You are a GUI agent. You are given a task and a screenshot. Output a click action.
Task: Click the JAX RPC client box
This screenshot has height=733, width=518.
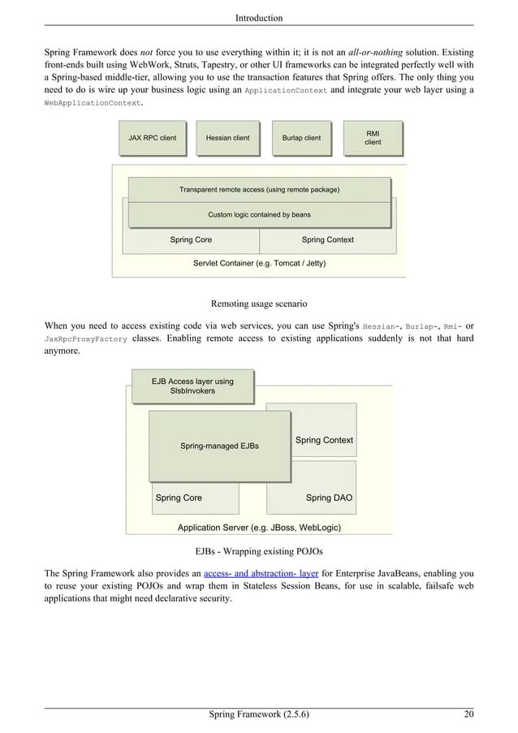coord(152,138)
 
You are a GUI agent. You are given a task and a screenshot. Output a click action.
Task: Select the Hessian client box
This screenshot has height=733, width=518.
coord(227,138)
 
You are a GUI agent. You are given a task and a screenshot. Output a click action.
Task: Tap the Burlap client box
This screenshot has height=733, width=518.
coord(301,138)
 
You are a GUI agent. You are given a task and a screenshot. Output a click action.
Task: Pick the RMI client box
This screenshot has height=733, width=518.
coord(373,137)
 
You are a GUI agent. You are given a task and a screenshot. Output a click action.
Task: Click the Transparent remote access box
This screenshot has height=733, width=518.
coord(259,190)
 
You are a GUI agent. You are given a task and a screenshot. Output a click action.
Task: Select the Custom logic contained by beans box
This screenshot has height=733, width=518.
coord(259,215)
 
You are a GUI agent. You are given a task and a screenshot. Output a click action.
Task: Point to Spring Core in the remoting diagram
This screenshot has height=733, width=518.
coord(191,240)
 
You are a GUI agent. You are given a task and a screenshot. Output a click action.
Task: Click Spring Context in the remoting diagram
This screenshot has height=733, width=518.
coord(327,240)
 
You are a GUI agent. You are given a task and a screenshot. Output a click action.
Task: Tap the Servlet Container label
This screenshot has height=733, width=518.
coord(259,264)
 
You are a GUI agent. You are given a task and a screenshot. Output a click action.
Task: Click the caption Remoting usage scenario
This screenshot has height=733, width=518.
coord(259,304)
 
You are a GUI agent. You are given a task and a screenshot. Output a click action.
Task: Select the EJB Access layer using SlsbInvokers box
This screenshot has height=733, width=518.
coord(192,386)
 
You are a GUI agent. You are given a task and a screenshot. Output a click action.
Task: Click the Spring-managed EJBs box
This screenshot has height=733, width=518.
coord(219,446)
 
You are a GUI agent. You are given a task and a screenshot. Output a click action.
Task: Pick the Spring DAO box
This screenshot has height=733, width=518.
coord(329,498)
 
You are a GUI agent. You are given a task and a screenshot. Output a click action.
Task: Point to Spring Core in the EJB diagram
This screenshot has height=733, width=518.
coord(179,498)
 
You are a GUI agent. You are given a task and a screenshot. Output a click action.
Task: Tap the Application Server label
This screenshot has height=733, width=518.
coord(259,528)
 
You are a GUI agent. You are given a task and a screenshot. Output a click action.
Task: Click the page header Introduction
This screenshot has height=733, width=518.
coord(259,18)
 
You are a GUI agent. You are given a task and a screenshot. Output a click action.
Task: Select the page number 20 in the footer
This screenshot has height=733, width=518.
coord(468,715)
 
